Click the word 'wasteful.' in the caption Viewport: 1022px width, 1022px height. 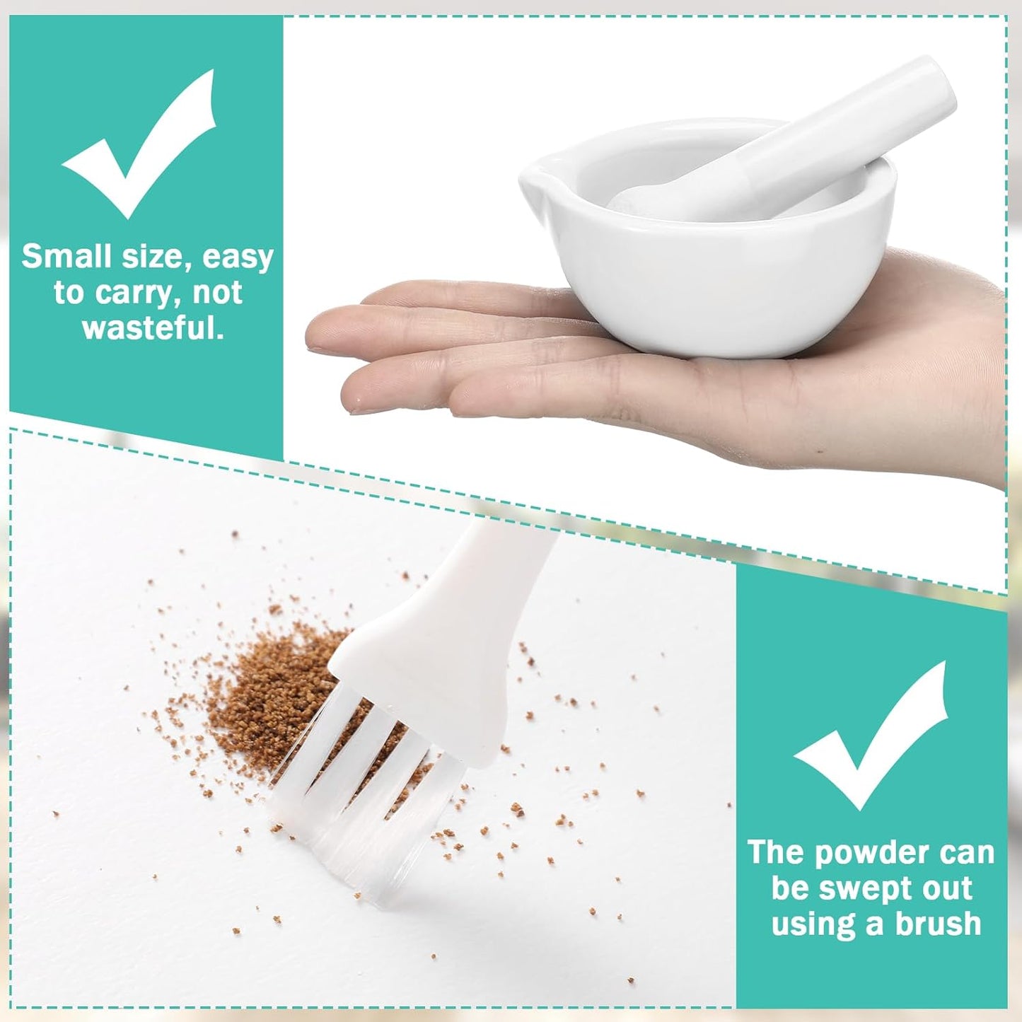[x=153, y=328]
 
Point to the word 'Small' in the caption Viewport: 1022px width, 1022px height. [x=66, y=256]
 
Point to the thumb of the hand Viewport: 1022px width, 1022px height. [x=941, y=283]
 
